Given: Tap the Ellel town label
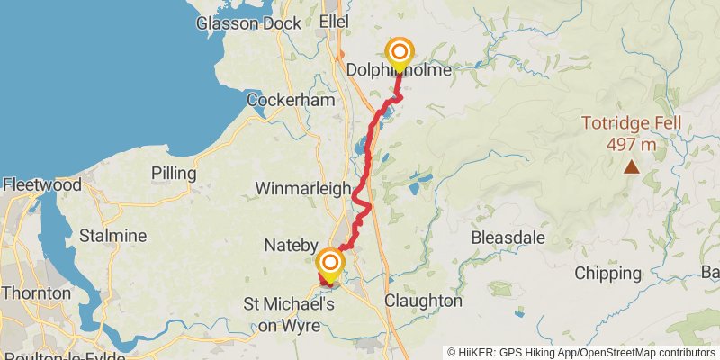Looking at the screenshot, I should [x=334, y=22].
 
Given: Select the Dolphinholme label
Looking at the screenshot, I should [x=398, y=67].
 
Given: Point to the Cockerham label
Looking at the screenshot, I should [x=290, y=101].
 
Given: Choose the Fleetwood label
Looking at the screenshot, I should [x=41, y=184].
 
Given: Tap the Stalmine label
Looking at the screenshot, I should [x=112, y=236].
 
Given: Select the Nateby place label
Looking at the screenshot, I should [x=288, y=245].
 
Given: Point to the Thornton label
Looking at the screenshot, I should [x=35, y=293].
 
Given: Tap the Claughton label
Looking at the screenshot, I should [x=423, y=301].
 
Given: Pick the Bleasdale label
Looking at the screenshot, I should [x=508, y=238].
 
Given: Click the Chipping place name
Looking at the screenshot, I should [x=607, y=274].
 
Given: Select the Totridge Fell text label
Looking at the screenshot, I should [x=631, y=124].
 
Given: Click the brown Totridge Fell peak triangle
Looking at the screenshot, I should [x=632, y=166].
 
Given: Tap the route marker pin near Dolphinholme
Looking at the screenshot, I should [x=398, y=53].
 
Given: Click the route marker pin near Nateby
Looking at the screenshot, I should [x=331, y=264].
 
